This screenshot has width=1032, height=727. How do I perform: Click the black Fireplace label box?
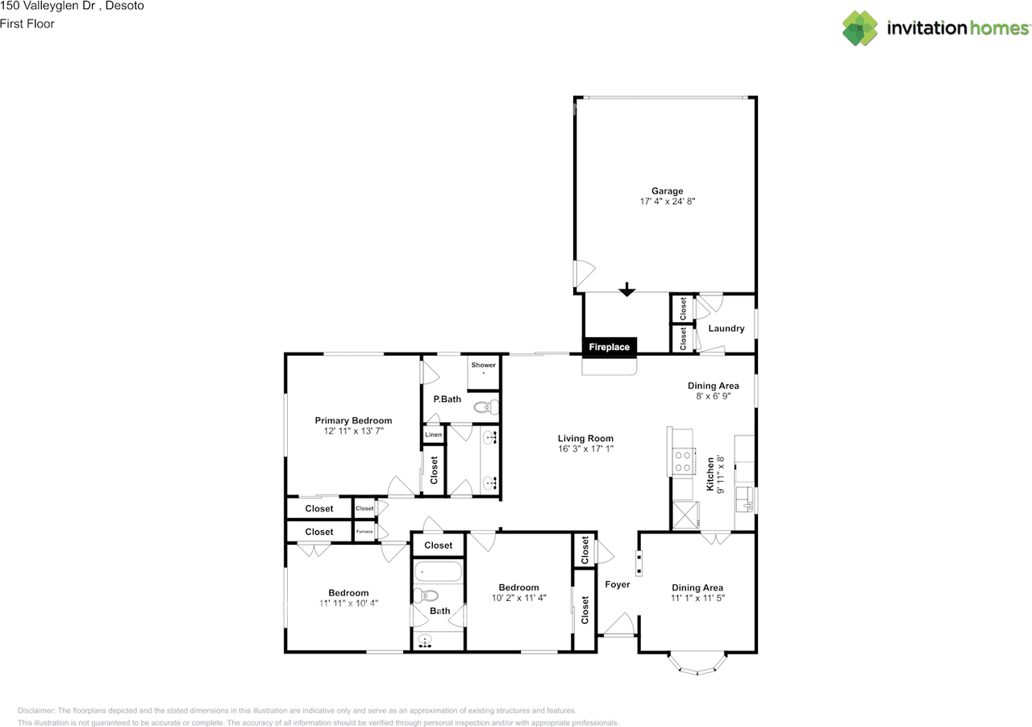pos(610,347)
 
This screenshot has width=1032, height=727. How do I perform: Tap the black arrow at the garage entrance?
pos(626,290)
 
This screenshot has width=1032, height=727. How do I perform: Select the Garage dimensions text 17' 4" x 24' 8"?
pos(667,202)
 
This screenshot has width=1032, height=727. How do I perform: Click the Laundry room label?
pos(726,328)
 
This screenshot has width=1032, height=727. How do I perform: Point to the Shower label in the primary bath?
pos(484,366)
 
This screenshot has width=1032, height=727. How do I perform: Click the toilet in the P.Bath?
pos(485,407)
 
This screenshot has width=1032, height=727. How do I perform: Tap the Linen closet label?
pos(433,435)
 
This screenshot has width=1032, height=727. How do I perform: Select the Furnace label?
pos(364,532)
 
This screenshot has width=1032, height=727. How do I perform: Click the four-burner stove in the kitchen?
pos(684,461)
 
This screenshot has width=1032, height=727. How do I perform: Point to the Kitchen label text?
pos(710,474)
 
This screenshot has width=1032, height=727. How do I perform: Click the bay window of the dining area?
pos(697,664)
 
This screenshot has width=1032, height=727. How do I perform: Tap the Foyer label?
pos(618,584)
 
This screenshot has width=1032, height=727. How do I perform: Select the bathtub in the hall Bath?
pos(439,574)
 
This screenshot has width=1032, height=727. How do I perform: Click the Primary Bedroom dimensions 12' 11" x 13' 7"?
pos(353,432)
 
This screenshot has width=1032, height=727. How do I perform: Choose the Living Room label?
pos(585,438)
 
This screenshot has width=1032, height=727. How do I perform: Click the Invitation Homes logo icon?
pos(860,28)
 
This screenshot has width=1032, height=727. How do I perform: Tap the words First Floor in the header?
pos(27,23)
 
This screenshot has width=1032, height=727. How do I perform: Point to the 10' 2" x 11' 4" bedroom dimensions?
pos(518,598)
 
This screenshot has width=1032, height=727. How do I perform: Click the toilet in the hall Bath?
pos(428,596)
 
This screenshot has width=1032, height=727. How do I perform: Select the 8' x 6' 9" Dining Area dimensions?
pos(713,396)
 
